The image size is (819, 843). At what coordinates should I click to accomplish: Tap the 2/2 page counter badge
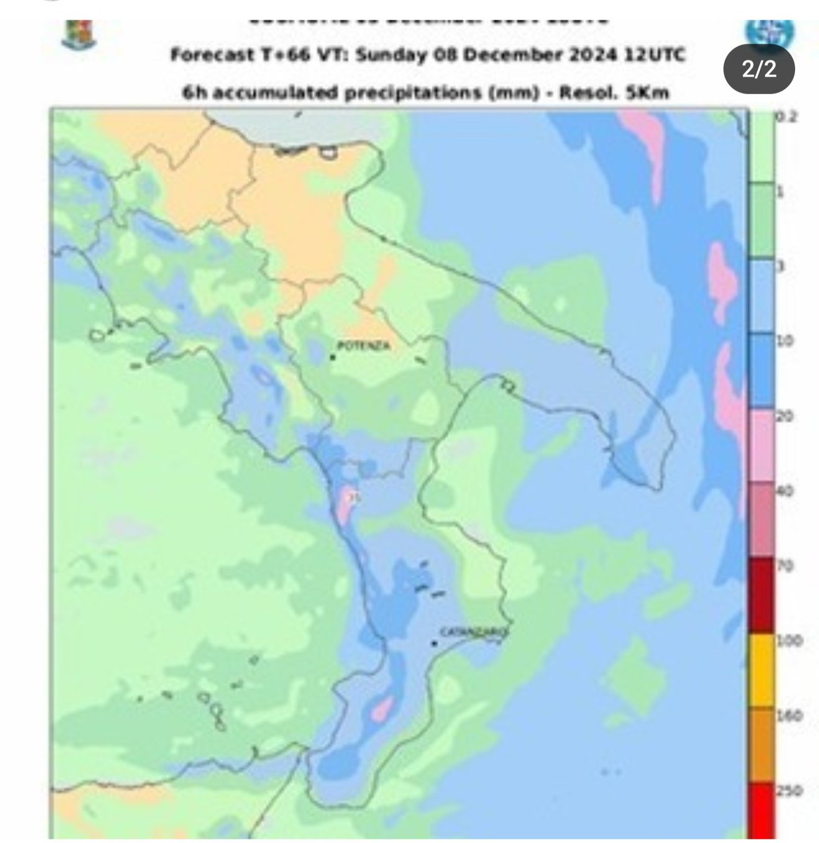(761, 71)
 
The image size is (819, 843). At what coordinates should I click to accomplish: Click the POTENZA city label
(363, 346)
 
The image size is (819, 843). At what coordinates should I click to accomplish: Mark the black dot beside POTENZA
(332, 358)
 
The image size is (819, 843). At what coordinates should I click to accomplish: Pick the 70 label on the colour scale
(782, 566)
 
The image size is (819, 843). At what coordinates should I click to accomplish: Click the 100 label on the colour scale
(784, 641)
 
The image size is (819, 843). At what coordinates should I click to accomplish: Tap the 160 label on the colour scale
(784, 716)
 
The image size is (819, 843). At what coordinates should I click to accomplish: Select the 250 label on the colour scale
(784, 791)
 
